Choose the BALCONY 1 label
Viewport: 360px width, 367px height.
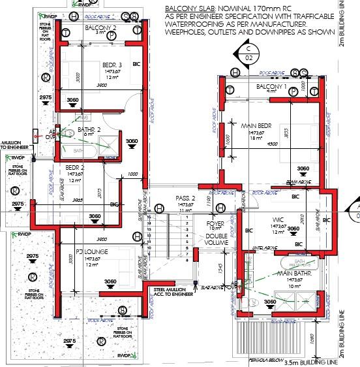pos(271,86)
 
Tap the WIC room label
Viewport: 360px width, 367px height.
pos(279,220)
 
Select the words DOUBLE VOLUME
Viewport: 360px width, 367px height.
pos(215,238)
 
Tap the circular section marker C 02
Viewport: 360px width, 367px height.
pos(248,52)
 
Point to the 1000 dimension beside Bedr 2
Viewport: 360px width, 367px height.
pos(133,174)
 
